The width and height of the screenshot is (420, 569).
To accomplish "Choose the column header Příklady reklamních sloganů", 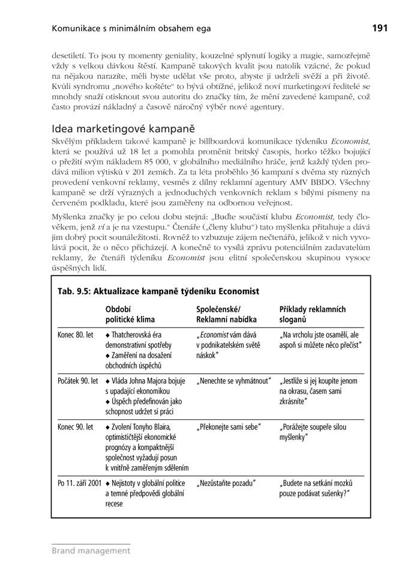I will [312, 314].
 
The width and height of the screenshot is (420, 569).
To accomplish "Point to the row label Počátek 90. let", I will [78, 381].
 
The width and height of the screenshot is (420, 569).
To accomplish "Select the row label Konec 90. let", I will [76, 427].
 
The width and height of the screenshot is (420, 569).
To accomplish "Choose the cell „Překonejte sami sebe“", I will [229, 427].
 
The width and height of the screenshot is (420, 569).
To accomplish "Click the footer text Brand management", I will [91, 550].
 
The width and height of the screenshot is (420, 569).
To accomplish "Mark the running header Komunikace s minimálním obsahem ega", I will [131, 28].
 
